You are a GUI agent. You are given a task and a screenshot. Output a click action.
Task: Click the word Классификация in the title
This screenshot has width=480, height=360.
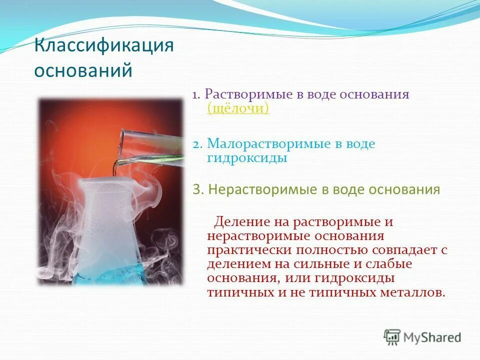(103, 47)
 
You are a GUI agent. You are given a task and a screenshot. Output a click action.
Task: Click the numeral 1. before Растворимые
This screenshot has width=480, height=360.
(196, 95)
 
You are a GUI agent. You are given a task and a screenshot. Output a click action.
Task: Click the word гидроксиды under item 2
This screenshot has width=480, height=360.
(247, 158)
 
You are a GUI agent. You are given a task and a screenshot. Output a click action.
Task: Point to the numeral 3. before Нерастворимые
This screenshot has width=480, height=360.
(197, 190)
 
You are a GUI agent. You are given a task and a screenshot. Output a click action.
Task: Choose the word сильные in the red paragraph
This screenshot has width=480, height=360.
(340, 263)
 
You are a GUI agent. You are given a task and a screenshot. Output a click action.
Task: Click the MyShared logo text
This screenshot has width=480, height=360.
(432, 337)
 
